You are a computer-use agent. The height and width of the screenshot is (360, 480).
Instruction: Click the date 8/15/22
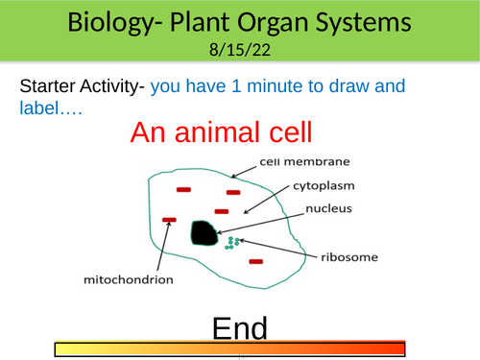(x=240, y=49)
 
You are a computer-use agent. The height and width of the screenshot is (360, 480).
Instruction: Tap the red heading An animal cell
(x=239, y=132)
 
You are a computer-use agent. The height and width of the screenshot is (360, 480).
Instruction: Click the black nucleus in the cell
(x=203, y=232)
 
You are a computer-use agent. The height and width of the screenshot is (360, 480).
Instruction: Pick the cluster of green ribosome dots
(x=229, y=242)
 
